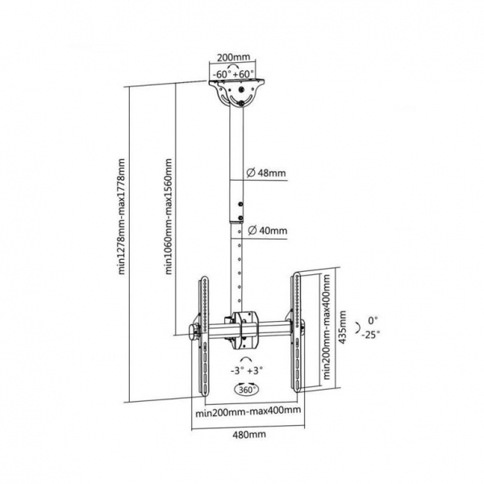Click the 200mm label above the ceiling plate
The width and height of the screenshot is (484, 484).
233,57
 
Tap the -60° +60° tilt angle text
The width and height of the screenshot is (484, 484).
233,74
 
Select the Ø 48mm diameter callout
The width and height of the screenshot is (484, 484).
266,173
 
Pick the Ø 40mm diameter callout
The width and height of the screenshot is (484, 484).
267,231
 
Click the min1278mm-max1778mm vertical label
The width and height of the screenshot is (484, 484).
122,216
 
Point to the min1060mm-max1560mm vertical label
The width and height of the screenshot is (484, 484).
169,216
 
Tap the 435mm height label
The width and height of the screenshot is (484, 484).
342,327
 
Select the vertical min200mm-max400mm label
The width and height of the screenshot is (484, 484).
327,328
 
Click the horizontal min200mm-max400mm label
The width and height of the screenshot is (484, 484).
248,411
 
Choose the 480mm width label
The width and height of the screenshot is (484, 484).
249,435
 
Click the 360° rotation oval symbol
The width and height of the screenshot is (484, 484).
247,390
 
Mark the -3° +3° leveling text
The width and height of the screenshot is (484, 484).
246,370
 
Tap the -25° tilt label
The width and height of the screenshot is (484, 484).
371,334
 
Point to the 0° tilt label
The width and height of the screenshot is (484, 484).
373,321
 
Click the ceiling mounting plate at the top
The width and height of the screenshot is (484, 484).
236,93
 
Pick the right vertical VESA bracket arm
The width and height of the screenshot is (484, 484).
297,332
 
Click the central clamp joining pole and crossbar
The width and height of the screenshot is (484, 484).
245,330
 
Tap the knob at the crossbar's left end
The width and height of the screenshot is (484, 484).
194,332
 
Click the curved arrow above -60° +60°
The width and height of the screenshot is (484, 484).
233,66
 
